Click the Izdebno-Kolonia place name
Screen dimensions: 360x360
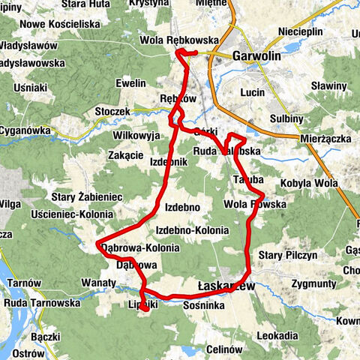pyautogui.click(x=191, y=230)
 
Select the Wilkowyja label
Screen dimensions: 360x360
pyautogui.click(x=136, y=136)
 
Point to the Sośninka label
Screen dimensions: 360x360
pyautogui.click(x=205, y=306)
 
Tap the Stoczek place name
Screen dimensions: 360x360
pyautogui.click(x=112, y=111)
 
